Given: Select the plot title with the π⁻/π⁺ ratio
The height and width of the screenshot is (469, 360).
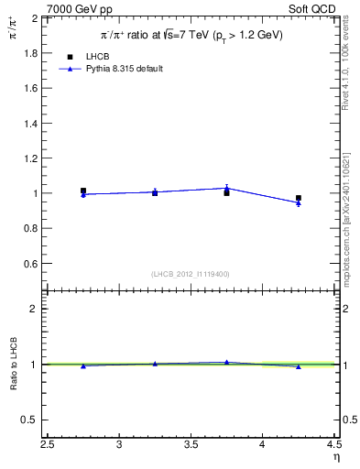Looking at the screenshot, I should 191,36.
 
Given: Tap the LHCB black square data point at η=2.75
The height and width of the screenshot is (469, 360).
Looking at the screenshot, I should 83,191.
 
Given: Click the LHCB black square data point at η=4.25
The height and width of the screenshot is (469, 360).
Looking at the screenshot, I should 299,198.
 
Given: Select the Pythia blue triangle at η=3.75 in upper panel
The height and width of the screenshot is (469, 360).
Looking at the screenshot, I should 226,188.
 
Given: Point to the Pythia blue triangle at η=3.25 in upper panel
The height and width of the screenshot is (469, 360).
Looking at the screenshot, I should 155,191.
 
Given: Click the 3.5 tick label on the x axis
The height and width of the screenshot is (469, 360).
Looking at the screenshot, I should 191,446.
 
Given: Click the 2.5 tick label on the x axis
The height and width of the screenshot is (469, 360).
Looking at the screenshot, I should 48,446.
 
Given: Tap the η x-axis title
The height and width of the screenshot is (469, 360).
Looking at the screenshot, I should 335,457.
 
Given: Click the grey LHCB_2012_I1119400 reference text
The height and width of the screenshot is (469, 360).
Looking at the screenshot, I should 191,274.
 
